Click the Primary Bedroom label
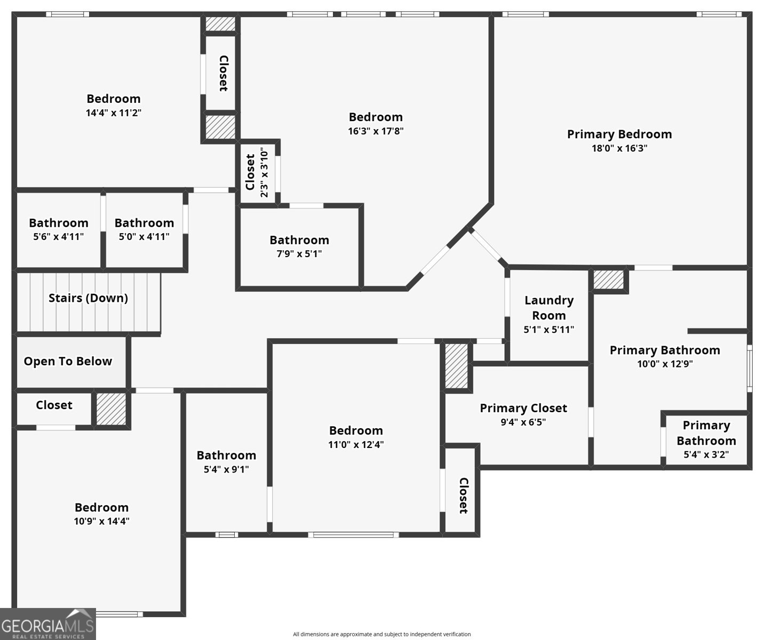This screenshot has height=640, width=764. click(619, 134)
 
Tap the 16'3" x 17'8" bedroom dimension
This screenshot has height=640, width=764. click(376, 131)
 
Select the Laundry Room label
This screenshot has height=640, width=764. click(548, 308)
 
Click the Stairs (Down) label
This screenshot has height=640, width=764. click(88, 298)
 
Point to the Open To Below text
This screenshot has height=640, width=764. click(68, 362)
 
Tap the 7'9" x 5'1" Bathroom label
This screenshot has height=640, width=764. click(299, 240)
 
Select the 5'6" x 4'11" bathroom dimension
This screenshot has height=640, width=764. click(58, 237)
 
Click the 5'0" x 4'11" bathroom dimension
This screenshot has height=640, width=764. click(144, 237)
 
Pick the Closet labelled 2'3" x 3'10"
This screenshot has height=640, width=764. click(250, 172)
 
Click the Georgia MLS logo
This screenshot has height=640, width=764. click(47, 624)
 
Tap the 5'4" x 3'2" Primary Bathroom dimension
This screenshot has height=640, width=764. click(706, 455)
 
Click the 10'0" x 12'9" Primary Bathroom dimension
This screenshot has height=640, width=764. click(665, 364)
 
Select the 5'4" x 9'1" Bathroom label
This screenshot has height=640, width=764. click(226, 455)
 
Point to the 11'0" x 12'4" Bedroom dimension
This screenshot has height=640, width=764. click(355, 445)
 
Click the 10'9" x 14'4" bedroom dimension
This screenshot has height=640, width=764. click(101, 522)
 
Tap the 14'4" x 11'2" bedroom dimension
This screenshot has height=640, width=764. click(113, 113)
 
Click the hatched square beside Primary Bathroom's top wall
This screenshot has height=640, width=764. click(609, 279)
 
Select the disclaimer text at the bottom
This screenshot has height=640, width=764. click(381, 634)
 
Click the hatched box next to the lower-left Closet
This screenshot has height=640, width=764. click(111, 409)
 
